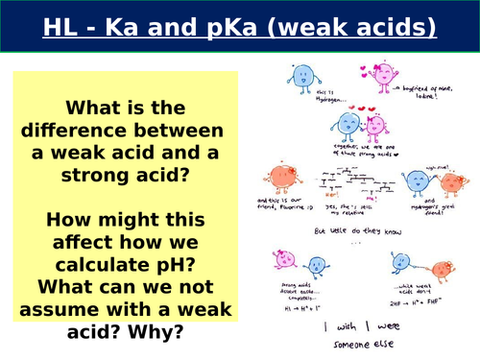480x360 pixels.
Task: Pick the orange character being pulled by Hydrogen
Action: tap(450, 184)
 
